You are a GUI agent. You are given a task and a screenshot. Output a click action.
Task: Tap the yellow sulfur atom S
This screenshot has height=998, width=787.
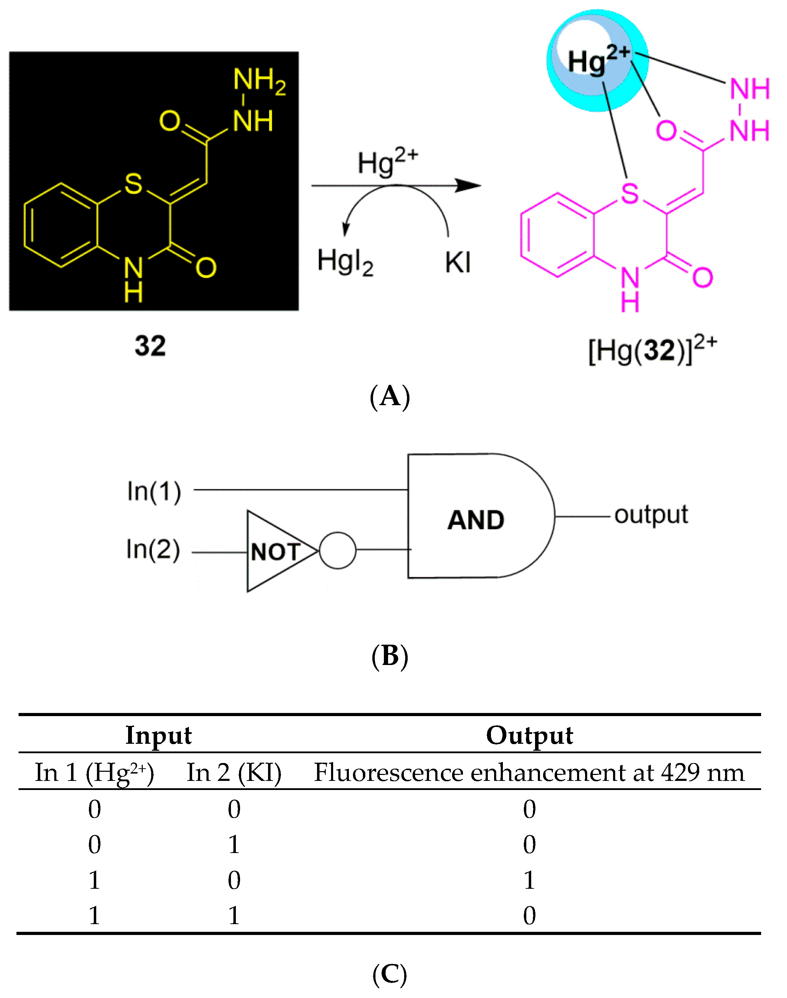pos(134,183)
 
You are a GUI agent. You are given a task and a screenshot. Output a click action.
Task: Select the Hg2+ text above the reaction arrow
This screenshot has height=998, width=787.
pos(387,162)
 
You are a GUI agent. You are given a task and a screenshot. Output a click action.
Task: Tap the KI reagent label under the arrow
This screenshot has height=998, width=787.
pos(458,263)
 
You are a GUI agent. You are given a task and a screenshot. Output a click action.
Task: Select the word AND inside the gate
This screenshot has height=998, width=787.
pos(476,520)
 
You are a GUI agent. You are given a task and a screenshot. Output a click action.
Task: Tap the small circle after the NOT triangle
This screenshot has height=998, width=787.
pos(338,550)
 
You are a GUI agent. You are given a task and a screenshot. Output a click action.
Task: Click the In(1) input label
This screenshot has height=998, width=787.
pos(154,491)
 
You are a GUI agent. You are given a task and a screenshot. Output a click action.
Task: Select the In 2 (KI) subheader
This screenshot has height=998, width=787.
pos(234,772)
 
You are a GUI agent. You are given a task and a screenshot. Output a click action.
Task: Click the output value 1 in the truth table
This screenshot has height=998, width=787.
pos(529,880)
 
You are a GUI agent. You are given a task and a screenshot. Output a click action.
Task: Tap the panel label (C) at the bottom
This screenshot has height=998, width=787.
pos(390,975)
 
